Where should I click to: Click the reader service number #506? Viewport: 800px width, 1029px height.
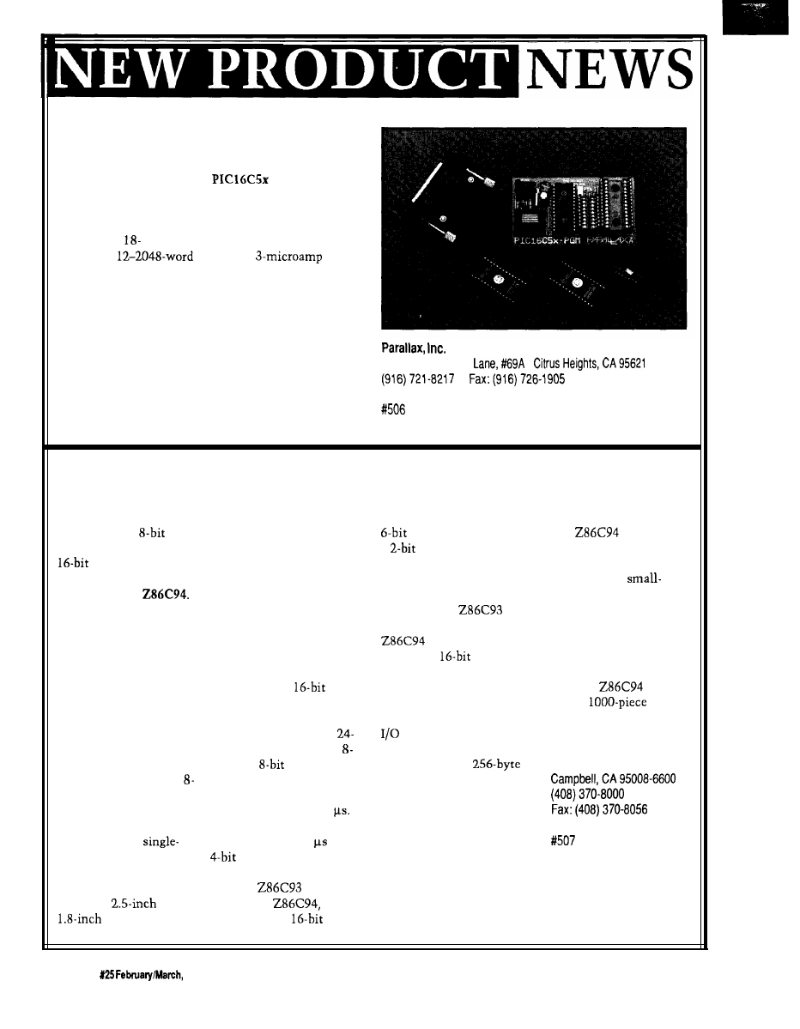(392, 410)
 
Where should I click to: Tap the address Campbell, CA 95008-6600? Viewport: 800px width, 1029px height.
(612, 778)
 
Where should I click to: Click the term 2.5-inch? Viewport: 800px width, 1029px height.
(134, 903)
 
